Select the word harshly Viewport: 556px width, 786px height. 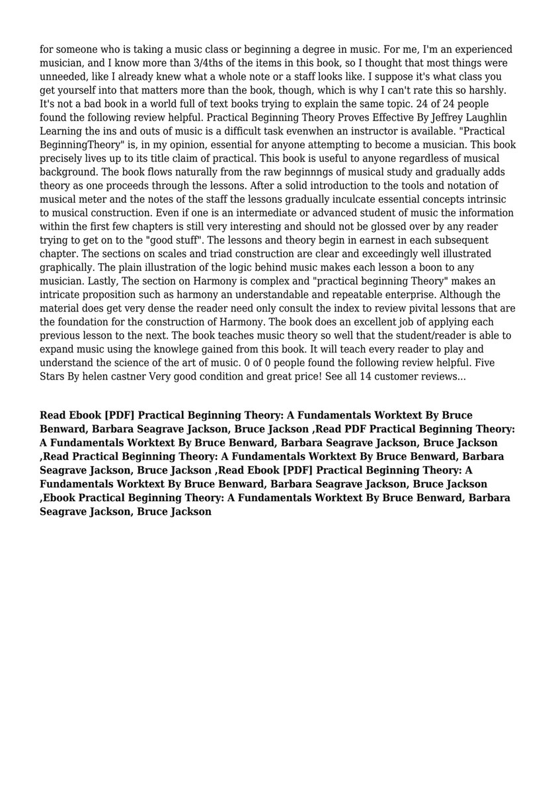point(493,90)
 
